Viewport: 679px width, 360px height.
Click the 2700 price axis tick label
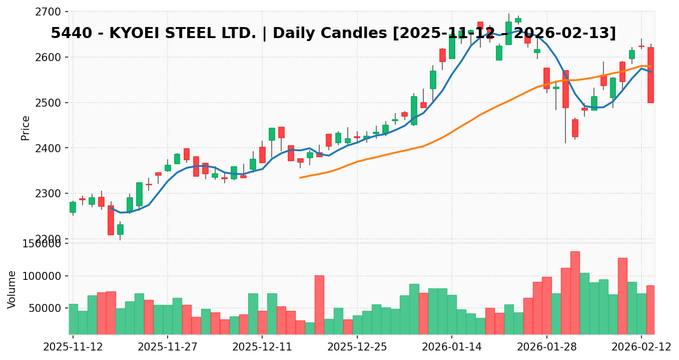(47, 12)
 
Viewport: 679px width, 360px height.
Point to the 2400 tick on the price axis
(47, 148)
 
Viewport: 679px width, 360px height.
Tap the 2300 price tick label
(47, 194)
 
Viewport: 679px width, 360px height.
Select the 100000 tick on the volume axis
(44, 276)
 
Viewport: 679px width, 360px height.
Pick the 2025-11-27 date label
(167, 346)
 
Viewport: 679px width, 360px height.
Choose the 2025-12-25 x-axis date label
(357, 346)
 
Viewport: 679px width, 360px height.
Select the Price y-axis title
(26, 128)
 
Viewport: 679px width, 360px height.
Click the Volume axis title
(12, 289)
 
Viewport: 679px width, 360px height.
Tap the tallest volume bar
(575, 293)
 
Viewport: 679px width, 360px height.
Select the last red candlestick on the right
(650, 75)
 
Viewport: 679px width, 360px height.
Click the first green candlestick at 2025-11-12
(73, 207)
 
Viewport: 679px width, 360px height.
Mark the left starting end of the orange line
(300, 178)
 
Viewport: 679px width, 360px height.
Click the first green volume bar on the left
(73, 319)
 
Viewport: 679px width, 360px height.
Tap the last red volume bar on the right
(650, 309)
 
